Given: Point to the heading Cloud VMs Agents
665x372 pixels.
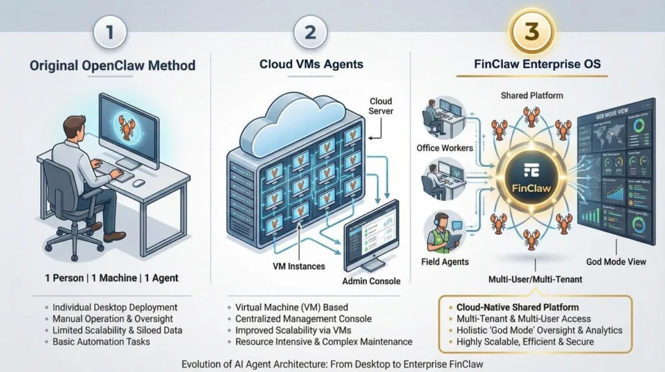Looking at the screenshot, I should point(311,64).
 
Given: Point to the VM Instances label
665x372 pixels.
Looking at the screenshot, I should point(298,266).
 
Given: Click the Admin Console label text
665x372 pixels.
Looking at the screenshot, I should point(371,281).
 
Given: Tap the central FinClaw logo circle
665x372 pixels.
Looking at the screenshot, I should point(526,178).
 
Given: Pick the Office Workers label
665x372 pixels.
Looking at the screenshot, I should point(444,148).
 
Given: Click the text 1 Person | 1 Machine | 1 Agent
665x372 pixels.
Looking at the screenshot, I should point(111,278).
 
